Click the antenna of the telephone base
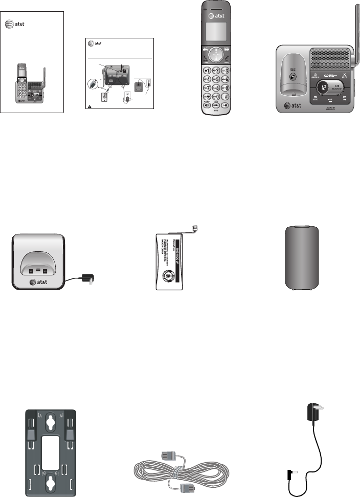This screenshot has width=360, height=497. [x=354, y=28]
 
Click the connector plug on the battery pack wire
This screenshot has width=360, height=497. [x=194, y=228]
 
